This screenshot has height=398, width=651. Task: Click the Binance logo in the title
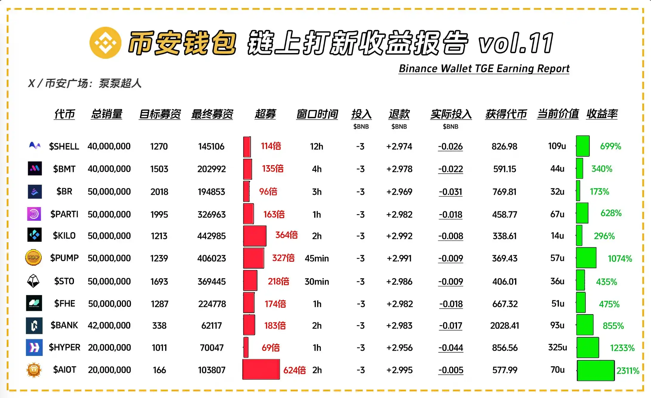(x=105, y=43)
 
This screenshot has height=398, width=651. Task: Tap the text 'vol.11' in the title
(x=516, y=43)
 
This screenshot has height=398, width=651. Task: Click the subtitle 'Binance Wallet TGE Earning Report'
(x=484, y=69)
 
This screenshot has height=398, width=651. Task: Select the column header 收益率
(x=602, y=114)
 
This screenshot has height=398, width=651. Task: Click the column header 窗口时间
(x=317, y=114)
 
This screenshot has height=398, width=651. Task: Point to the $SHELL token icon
(x=35, y=146)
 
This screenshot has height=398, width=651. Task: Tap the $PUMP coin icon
(x=33, y=257)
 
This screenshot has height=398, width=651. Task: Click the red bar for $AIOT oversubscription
(x=261, y=370)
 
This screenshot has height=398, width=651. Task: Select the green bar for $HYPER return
(x=588, y=348)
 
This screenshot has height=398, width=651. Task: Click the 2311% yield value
(x=628, y=371)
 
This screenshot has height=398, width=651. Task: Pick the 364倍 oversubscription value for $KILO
(x=286, y=235)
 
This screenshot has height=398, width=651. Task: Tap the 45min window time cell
(x=317, y=258)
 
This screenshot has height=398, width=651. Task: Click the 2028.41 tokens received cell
(x=504, y=326)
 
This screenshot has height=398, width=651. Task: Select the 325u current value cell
(x=557, y=348)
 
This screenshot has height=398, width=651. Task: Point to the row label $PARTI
(x=64, y=214)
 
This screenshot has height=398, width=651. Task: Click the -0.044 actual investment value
(x=451, y=348)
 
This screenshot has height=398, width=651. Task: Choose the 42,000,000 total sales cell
(x=109, y=326)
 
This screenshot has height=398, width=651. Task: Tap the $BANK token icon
(x=34, y=326)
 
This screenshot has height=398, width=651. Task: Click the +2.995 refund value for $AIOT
(x=399, y=370)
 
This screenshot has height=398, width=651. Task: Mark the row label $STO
(x=64, y=281)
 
